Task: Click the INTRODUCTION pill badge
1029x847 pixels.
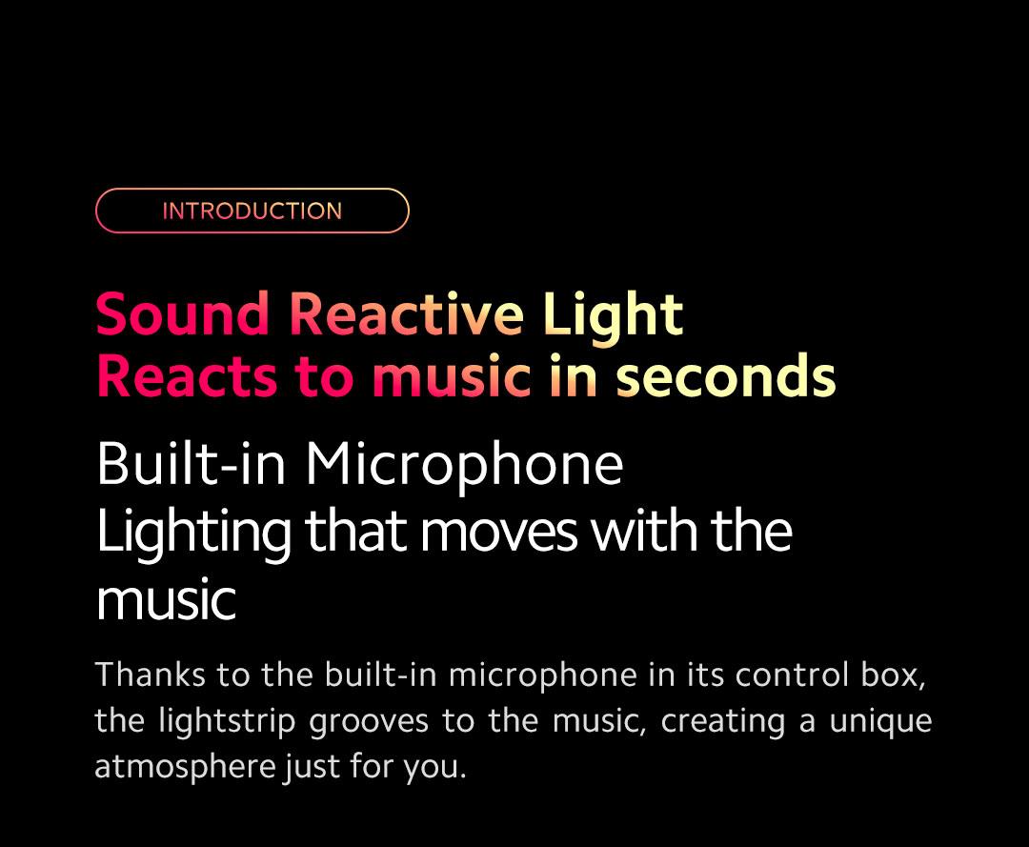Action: (252, 211)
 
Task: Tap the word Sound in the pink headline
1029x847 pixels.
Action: (182, 313)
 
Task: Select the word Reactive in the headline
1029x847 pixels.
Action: (406, 313)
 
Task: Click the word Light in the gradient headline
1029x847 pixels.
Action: (613, 317)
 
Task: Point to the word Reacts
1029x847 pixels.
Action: (187, 376)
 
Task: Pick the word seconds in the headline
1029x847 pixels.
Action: (725, 376)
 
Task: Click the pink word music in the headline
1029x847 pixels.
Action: (451, 375)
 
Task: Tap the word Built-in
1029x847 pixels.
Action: (191, 463)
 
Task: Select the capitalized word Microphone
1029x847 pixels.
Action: (464, 467)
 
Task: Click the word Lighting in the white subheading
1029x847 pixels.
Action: (193, 534)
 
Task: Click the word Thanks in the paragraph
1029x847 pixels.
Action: (150, 675)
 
